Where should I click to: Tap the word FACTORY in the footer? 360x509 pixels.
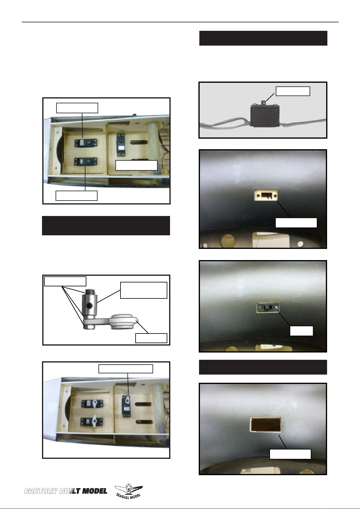pyautogui.click(x=41, y=491)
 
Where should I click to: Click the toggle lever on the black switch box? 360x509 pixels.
pyautogui.click(x=264, y=103)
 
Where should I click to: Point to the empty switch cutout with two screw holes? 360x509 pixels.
pyautogui.click(x=265, y=195)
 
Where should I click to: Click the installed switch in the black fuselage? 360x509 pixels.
pyautogui.click(x=268, y=308)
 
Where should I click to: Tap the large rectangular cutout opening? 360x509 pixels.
pyautogui.click(x=265, y=424)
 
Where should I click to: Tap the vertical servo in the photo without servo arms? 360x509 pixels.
pyautogui.click(x=121, y=144)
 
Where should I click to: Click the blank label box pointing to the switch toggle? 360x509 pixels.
pyautogui.click(x=293, y=91)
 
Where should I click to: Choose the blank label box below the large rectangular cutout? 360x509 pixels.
pyautogui.click(x=290, y=454)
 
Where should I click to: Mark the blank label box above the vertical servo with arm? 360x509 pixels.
pyautogui.click(x=126, y=369)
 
